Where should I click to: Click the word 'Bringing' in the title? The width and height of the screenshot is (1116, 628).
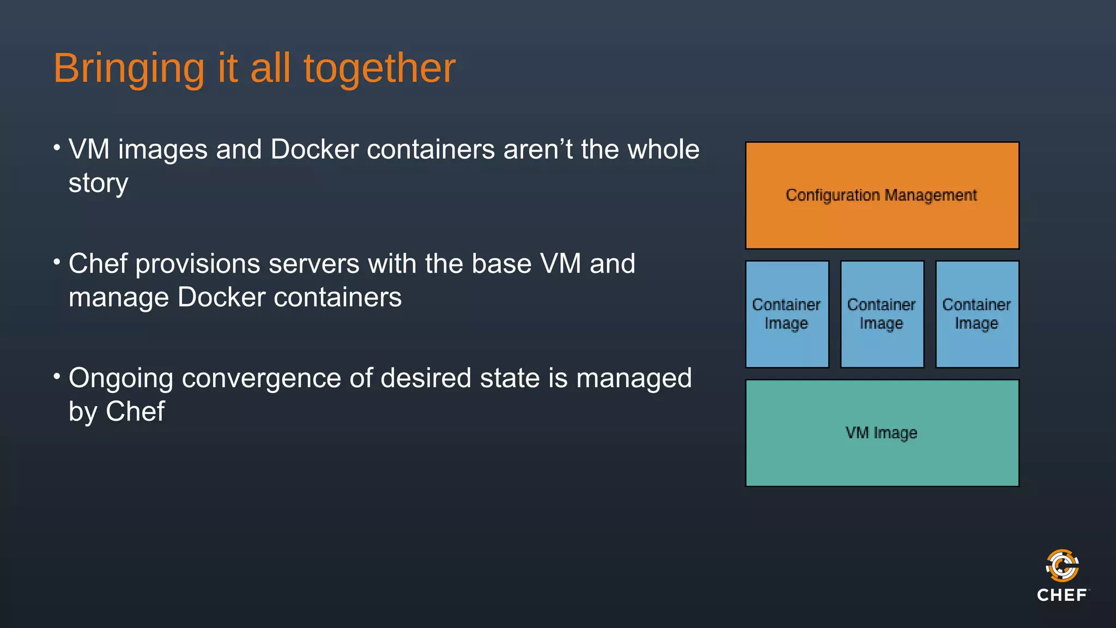pos(129,69)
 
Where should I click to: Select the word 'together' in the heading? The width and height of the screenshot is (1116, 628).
pos(379,69)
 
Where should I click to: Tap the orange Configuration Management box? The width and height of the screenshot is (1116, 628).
pos(882,195)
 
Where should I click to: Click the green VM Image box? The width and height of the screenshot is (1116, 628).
pos(882,433)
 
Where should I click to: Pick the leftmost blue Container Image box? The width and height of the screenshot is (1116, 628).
pos(787,314)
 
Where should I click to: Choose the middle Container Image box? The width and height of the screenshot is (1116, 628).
pos(882,314)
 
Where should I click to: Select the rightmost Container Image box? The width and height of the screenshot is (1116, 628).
pos(976,314)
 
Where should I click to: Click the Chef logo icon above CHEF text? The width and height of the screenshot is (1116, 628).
pos(1062,565)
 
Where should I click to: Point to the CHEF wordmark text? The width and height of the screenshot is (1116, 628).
pos(1062,595)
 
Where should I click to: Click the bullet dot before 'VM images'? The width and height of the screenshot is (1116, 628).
pos(57,147)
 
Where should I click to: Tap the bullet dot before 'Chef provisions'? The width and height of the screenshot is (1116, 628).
pos(57,262)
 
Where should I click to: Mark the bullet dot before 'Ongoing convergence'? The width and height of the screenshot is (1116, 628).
pos(57,376)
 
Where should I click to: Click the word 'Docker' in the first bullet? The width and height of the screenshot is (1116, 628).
pos(314,149)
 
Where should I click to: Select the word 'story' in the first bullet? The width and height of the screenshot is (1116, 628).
pos(98,184)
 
